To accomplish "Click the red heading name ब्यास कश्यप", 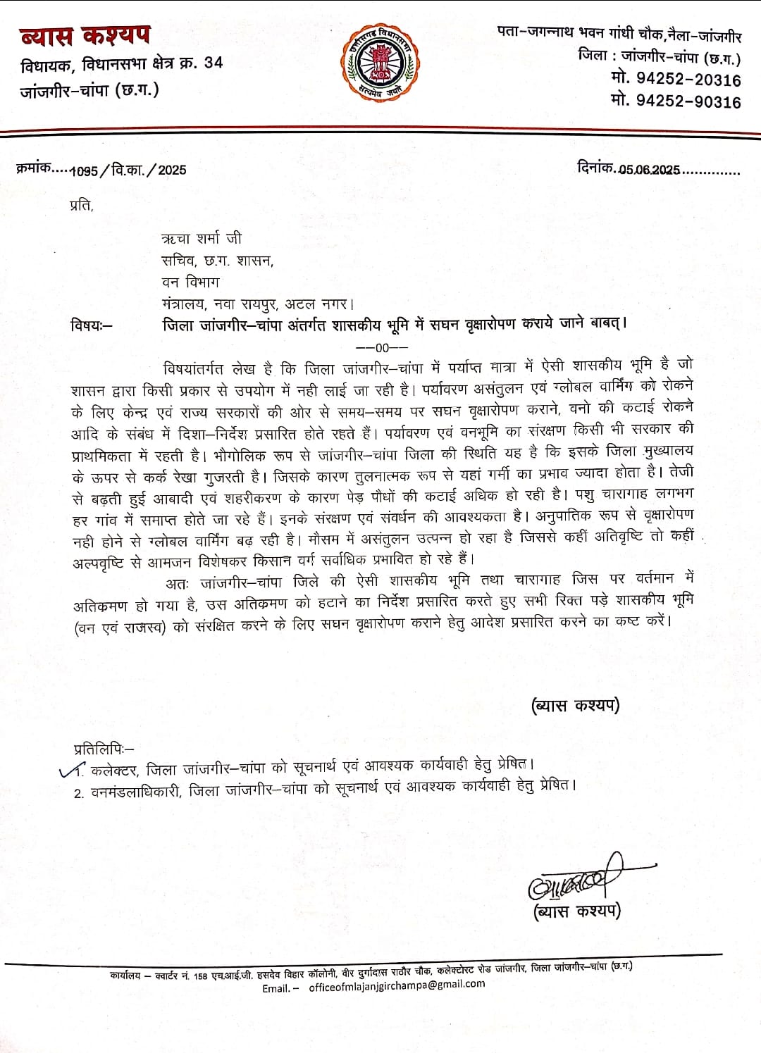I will (x=85, y=35).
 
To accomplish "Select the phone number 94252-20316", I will (x=686, y=80).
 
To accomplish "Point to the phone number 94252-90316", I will (x=686, y=101).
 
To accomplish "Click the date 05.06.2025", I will (x=649, y=170).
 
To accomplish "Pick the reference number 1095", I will (x=84, y=170).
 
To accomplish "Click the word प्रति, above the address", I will (x=81, y=206).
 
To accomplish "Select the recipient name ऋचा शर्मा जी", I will (x=202, y=238).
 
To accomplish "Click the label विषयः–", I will (x=91, y=325).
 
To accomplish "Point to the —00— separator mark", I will (x=381, y=347).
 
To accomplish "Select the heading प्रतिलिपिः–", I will (x=103, y=748).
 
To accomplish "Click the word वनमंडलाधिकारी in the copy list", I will (x=138, y=790).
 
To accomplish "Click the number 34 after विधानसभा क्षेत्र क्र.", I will (x=213, y=63).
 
